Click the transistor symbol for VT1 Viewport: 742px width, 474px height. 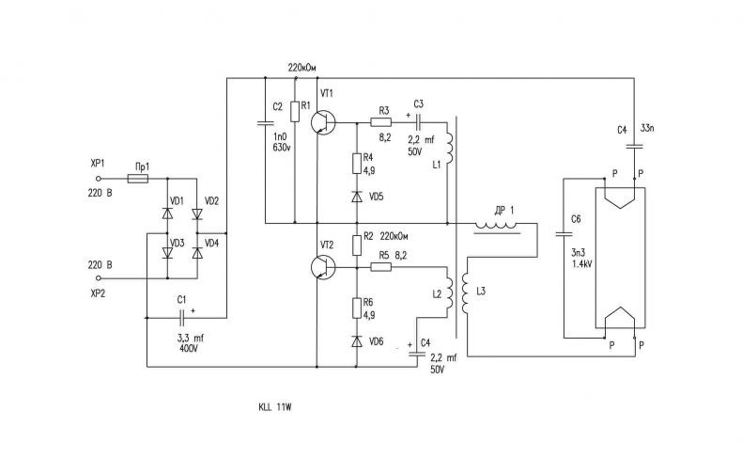[323, 122]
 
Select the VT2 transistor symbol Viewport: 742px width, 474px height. [323, 267]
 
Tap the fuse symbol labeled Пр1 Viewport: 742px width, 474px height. [138, 179]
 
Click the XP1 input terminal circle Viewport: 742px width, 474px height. [99, 179]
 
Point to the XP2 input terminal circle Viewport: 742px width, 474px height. [99, 278]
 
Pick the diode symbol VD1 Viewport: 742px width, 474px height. [167, 213]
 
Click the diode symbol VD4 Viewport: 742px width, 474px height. [197, 253]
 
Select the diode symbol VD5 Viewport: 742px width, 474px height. [357, 197]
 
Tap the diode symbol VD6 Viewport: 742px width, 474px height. [357, 341]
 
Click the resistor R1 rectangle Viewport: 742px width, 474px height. [295, 111]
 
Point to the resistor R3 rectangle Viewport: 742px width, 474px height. [381, 122]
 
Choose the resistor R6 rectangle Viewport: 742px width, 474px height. [357, 308]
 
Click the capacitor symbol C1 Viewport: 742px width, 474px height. [181, 318]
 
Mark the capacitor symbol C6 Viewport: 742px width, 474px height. [564, 233]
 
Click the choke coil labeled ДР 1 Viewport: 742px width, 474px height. [497, 228]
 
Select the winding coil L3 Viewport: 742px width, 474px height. [465, 293]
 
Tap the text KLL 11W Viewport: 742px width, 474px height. [275, 407]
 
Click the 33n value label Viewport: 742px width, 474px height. [647, 128]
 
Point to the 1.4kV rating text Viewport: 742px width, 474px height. [581, 264]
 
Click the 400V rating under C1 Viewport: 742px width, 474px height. [189, 348]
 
